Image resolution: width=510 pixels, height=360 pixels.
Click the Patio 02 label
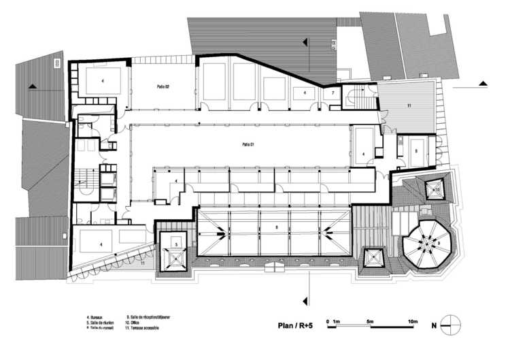point(163,86)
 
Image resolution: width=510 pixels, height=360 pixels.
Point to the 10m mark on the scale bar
point(412,320)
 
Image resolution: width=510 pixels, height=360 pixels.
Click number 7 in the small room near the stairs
point(333,92)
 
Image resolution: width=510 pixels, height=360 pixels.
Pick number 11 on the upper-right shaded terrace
point(409,107)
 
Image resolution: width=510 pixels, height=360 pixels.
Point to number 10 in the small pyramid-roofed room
point(430,186)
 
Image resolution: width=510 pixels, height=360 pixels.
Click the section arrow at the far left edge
point(32,86)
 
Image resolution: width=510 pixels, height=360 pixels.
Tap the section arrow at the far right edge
point(483,83)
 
